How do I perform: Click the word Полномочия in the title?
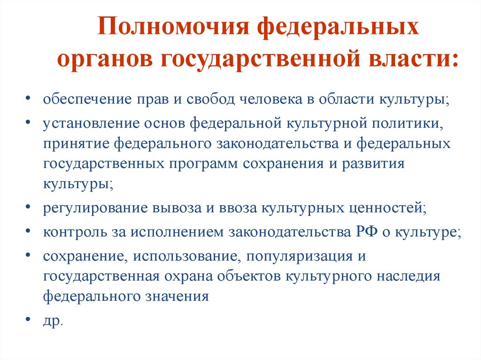click(x=173, y=26)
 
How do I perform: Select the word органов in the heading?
click(x=105, y=59)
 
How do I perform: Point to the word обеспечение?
click(x=87, y=100)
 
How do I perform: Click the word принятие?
click(x=77, y=144)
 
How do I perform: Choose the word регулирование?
click(x=95, y=208)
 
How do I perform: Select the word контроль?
click(x=75, y=232)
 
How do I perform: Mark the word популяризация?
click(x=299, y=256)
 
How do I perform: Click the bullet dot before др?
click(x=28, y=319)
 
